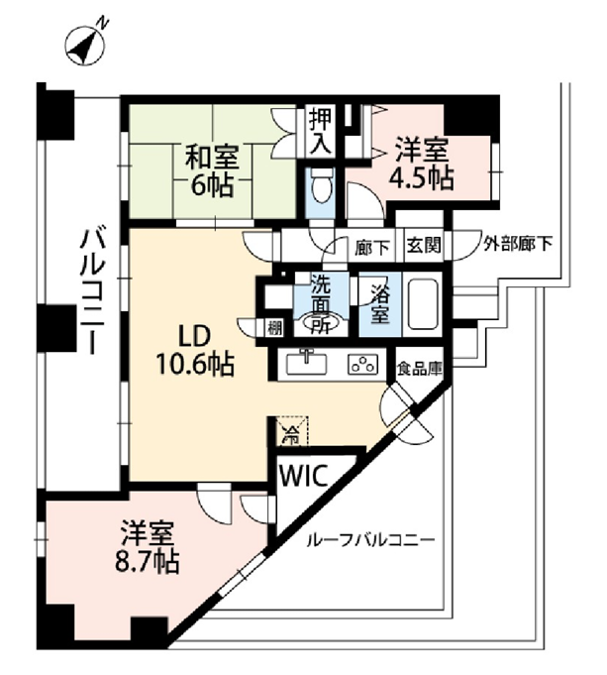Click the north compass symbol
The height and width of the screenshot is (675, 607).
point(85,45)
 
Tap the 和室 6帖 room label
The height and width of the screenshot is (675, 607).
point(212,170)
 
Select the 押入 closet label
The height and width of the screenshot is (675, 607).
point(321,131)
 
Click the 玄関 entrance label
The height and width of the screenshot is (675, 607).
point(424,246)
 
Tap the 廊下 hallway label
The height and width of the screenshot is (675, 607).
point(372,248)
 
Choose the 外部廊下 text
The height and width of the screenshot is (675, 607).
point(518,245)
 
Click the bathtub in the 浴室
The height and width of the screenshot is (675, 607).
point(423,303)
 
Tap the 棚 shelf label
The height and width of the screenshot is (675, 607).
point(275,328)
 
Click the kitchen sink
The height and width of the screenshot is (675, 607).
point(306,364)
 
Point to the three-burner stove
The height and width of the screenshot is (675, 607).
point(363,365)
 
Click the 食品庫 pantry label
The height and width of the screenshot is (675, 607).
point(420,369)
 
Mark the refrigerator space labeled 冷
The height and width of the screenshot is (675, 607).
point(291,430)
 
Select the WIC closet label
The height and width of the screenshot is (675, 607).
point(304,476)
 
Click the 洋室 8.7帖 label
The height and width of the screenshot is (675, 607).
point(147,547)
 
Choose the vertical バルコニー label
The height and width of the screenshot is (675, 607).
point(92,291)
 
